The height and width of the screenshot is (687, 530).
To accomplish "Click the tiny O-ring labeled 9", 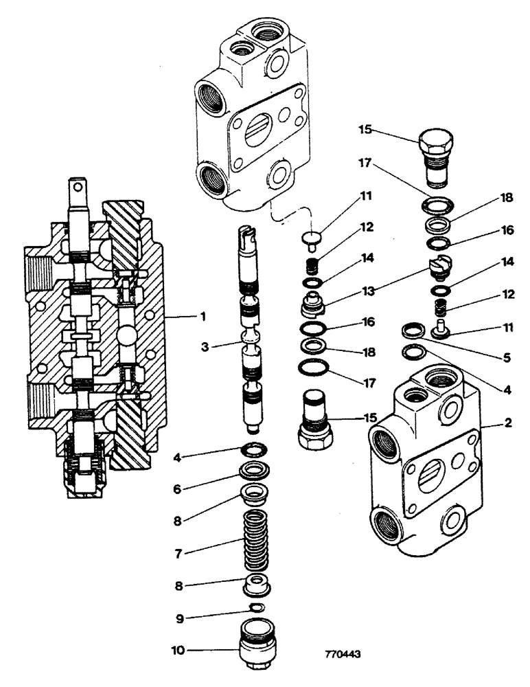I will point(255,607).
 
